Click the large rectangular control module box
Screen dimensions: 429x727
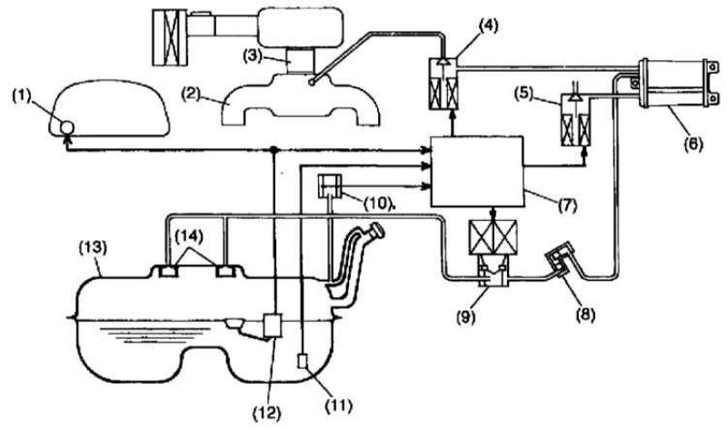click(x=476, y=171)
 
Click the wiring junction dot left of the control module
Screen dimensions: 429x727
click(x=275, y=148)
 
